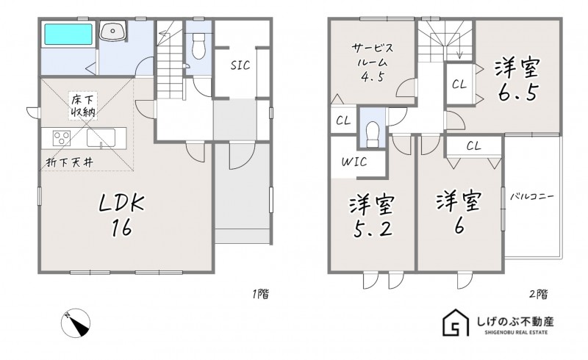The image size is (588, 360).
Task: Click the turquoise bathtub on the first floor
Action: click(66, 35)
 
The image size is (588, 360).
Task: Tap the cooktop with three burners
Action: click(61, 137)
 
